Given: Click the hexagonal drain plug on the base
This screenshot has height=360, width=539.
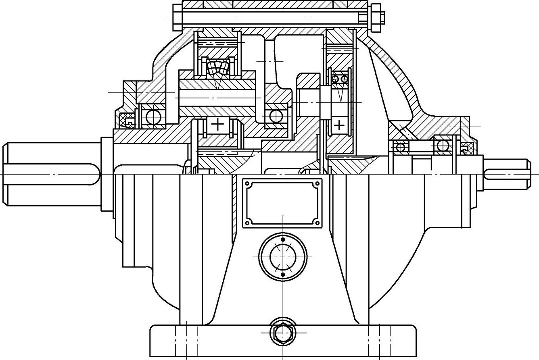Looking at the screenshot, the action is pyautogui.click(x=282, y=333).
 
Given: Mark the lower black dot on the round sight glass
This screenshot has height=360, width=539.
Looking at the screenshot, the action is pyautogui.click(x=282, y=275).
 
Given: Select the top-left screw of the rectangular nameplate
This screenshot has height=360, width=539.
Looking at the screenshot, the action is pyautogui.click(x=248, y=184).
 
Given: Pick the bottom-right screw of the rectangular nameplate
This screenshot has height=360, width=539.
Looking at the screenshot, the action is pyautogui.click(x=317, y=221).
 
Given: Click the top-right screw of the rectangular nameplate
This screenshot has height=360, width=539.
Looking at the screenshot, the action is pyautogui.click(x=317, y=184).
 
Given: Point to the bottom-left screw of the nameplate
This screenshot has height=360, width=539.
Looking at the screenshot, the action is pyautogui.click(x=248, y=221).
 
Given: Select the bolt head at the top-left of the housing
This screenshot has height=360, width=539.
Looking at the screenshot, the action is pyautogui.click(x=178, y=17).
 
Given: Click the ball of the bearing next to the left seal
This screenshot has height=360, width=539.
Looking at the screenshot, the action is pyautogui.click(x=153, y=117).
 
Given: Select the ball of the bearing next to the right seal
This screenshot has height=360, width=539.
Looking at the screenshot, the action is pyautogui.click(x=442, y=146).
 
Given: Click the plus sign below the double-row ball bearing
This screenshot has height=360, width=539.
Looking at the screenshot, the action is pyautogui.click(x=339, y=125).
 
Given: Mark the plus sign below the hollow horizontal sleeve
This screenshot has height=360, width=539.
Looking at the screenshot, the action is pyautogui.click(x=217, y=124).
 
